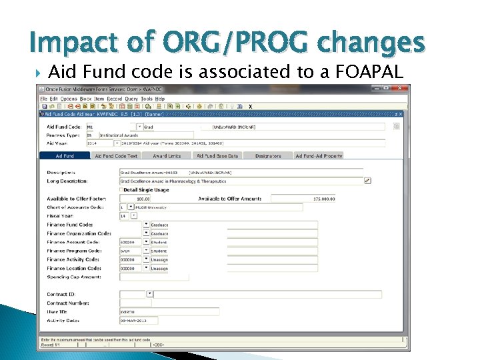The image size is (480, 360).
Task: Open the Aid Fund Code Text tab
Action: coord(116,156)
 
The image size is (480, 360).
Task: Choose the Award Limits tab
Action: coord(167,156)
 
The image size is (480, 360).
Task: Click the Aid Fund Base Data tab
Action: coord(217,156)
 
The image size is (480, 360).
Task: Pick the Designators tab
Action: coord(268,156)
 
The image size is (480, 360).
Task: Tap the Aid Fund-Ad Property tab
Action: coord(319,156)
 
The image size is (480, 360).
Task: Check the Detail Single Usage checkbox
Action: coord(121,190)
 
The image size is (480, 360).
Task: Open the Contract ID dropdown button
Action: coord(150,293)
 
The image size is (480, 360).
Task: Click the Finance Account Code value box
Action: coord(130,242)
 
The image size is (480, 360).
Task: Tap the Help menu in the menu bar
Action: coord(160,99)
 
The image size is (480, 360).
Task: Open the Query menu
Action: coord(131,99)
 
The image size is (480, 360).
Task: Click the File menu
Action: coord(43,99)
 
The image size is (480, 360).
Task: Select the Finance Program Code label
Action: coord(73,251)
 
